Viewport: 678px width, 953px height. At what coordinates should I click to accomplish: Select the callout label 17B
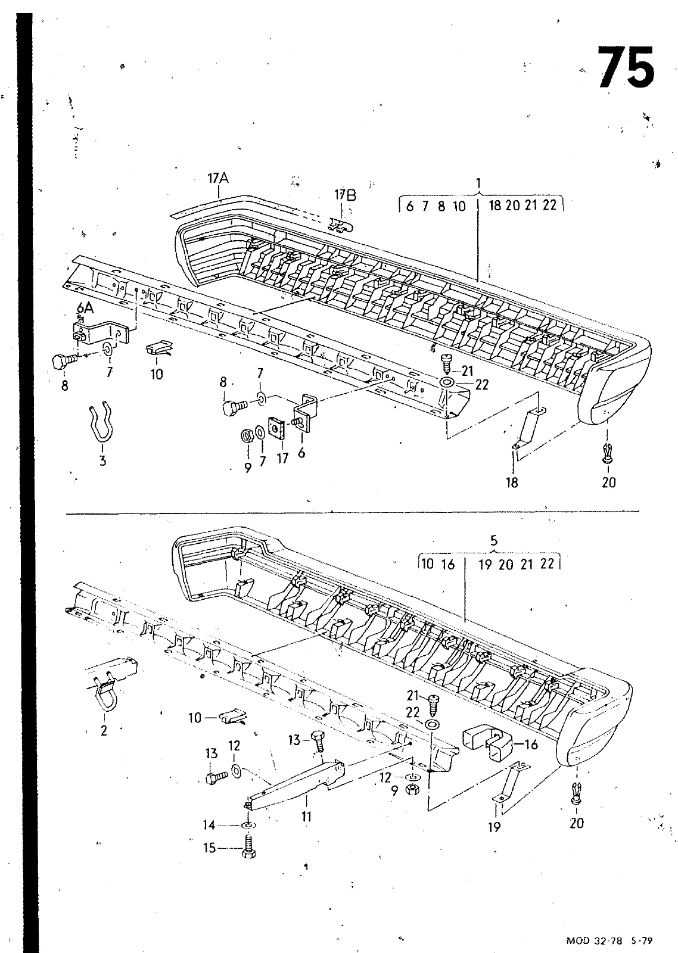pyautogui.click(x=344, y=195)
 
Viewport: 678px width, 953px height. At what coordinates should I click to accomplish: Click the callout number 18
pyautogui.click(x=512, y=482)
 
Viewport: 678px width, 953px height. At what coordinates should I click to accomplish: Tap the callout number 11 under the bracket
pyautogui.click(x=306, y=817)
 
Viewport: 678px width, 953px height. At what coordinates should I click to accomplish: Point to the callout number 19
pyautogui.click(x=494, y=827)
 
